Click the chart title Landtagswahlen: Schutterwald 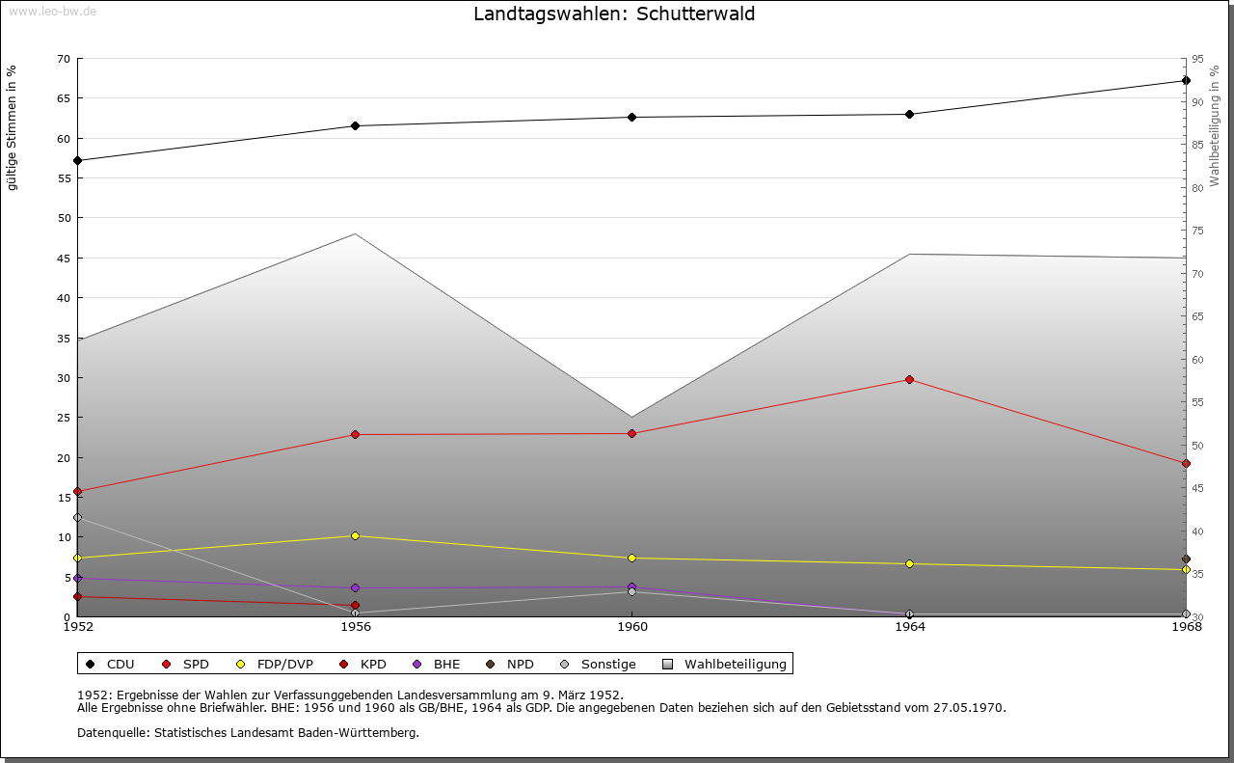pos(614,14)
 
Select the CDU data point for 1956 pos(356,125)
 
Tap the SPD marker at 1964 pos(909,379)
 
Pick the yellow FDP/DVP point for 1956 pos(356,536)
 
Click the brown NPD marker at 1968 pos(1186,559)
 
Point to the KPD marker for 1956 pos(356,606)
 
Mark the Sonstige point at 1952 pos(78,518)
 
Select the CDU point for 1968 pos(1186,80)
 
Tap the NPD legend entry pos(510,664)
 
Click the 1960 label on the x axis pos(632,627)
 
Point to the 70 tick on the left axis pos(64,59)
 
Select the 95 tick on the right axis pos(1197,59)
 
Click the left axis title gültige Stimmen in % pos(12,128)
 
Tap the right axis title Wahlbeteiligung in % pos(1214,126)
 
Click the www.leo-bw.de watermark pos(52,11)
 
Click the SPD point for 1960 pos(631,433)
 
